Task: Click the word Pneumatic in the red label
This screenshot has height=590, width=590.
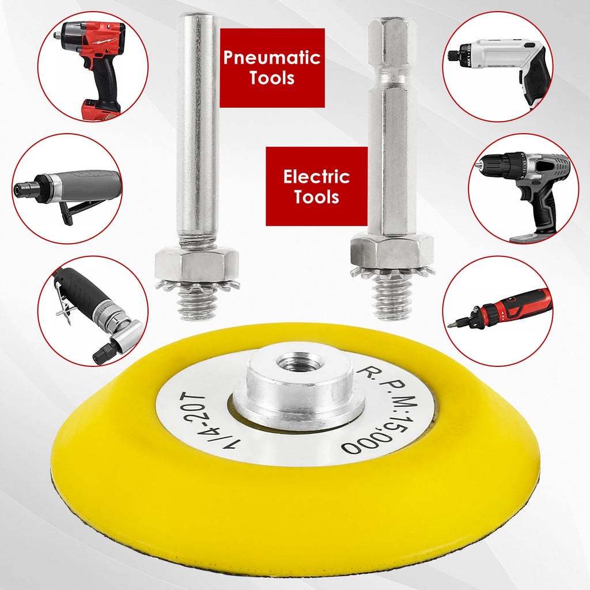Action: click(272, 58)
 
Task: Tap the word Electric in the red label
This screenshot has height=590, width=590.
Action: click(316, 176)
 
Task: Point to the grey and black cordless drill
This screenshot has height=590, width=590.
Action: click(524, 192)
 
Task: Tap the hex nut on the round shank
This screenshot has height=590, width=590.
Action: click(196, 263)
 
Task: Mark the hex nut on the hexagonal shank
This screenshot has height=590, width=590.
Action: click(392, 251)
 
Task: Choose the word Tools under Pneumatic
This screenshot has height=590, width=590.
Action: click(272, 78)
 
